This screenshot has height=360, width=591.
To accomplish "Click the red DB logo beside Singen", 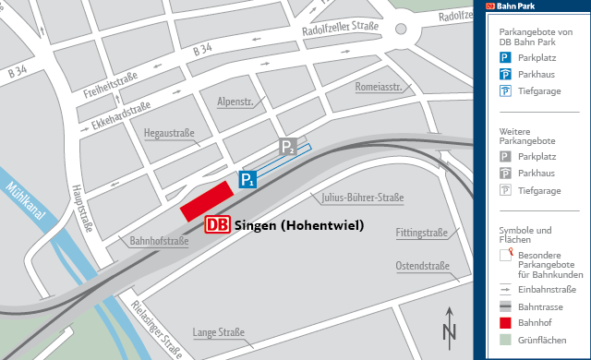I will tap(218, 225).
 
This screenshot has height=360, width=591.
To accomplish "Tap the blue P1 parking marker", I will tap(247, 180).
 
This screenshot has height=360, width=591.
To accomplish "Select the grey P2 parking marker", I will tap(289, 148).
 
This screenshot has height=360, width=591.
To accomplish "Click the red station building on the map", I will tap(206, 200).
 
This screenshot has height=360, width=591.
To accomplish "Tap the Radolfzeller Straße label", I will tap(341, 33).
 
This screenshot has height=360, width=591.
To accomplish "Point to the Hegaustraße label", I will tap(169, 134).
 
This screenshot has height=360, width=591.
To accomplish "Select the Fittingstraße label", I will tap(421, 232).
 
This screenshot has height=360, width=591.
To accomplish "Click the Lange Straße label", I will tap(218, 332).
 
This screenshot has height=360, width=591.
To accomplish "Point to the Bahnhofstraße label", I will tap(159, 242).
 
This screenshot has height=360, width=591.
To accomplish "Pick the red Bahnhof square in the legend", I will tap(504, 323).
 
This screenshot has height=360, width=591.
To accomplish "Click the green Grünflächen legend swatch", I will tap(504, 340).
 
